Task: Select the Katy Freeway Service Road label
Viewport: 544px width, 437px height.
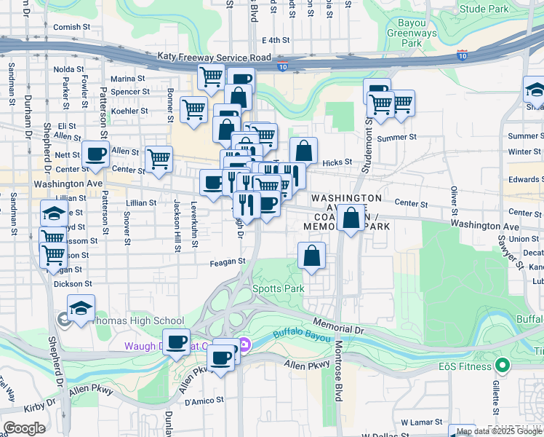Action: (x=215, y=56)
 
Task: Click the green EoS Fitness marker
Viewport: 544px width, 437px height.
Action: (x=500, y=365)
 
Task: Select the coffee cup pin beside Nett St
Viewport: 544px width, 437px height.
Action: (x=95, y=154)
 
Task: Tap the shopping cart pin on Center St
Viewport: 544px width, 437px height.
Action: (x=159, y=159)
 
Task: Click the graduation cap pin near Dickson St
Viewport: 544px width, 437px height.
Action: (x=81, y=308)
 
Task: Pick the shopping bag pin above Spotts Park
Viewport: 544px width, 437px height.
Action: (x=311, y=256)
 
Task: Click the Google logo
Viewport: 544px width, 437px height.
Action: (x=24, y=428)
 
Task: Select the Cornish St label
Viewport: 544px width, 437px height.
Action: (x=71, y=27)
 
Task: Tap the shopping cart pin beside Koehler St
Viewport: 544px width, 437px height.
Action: (x=193, y=110)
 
